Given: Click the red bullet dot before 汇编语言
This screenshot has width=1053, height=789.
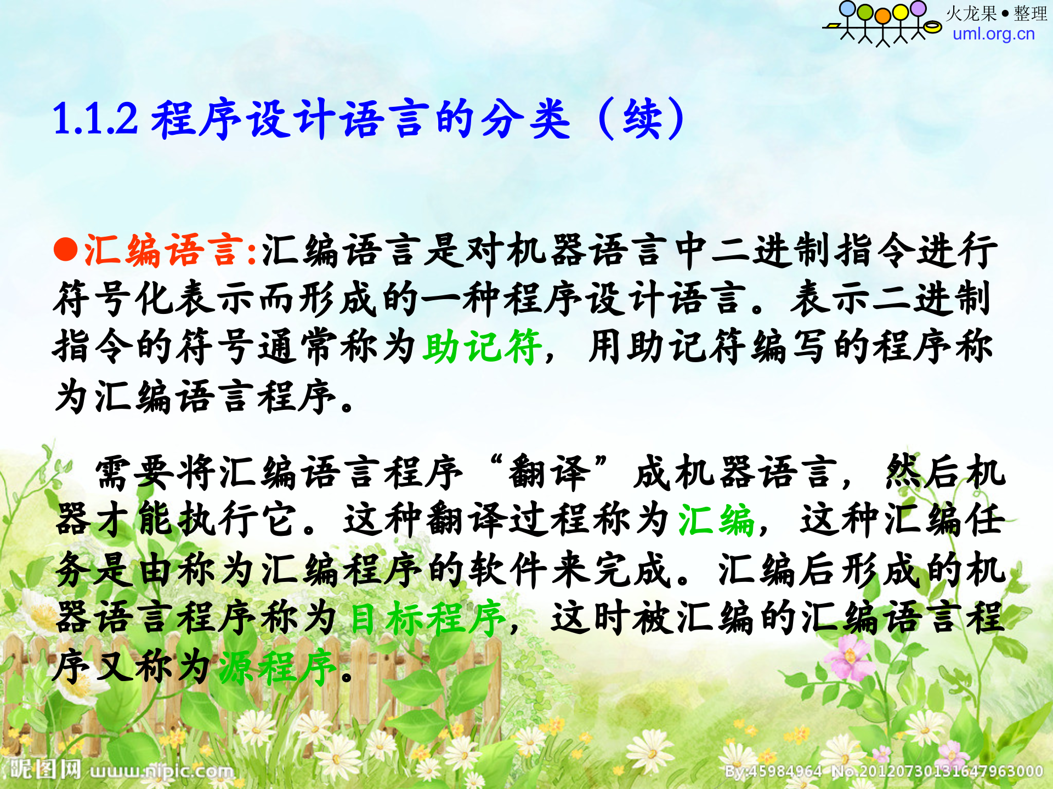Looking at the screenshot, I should (66, 250).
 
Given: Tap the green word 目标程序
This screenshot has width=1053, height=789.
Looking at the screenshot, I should (428, 618).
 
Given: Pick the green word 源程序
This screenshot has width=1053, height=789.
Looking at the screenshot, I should (277, 667).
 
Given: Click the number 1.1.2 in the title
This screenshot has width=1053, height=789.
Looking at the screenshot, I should (95, 118).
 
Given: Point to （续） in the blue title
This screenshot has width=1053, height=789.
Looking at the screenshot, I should (642, 118).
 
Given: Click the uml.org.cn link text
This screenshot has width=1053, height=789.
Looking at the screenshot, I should (993, 34).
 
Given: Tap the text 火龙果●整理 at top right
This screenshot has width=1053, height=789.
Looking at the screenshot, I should (996, 13).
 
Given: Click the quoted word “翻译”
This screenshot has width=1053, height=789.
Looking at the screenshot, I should (548, 471).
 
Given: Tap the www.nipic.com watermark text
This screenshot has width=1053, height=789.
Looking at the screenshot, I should (162, 771).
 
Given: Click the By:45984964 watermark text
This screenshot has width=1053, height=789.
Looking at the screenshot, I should (773, 771).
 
